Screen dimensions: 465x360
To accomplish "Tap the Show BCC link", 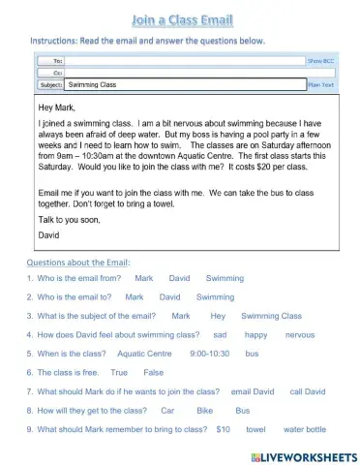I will tap(320, 59).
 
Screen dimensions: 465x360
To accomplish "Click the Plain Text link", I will tap(320, 84).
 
